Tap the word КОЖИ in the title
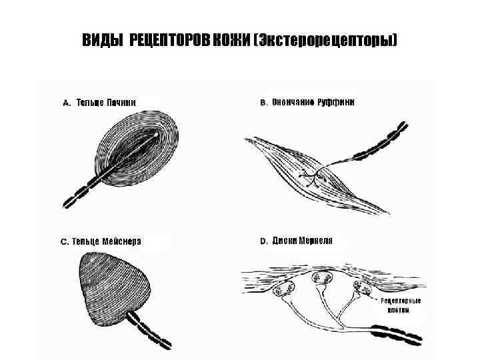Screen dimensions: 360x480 231,41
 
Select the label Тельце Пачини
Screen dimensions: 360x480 106,103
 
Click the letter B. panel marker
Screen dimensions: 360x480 263,103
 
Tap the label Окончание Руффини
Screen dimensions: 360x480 313,103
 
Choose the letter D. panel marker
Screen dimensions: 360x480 263,241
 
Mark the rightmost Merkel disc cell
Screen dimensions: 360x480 364,287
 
